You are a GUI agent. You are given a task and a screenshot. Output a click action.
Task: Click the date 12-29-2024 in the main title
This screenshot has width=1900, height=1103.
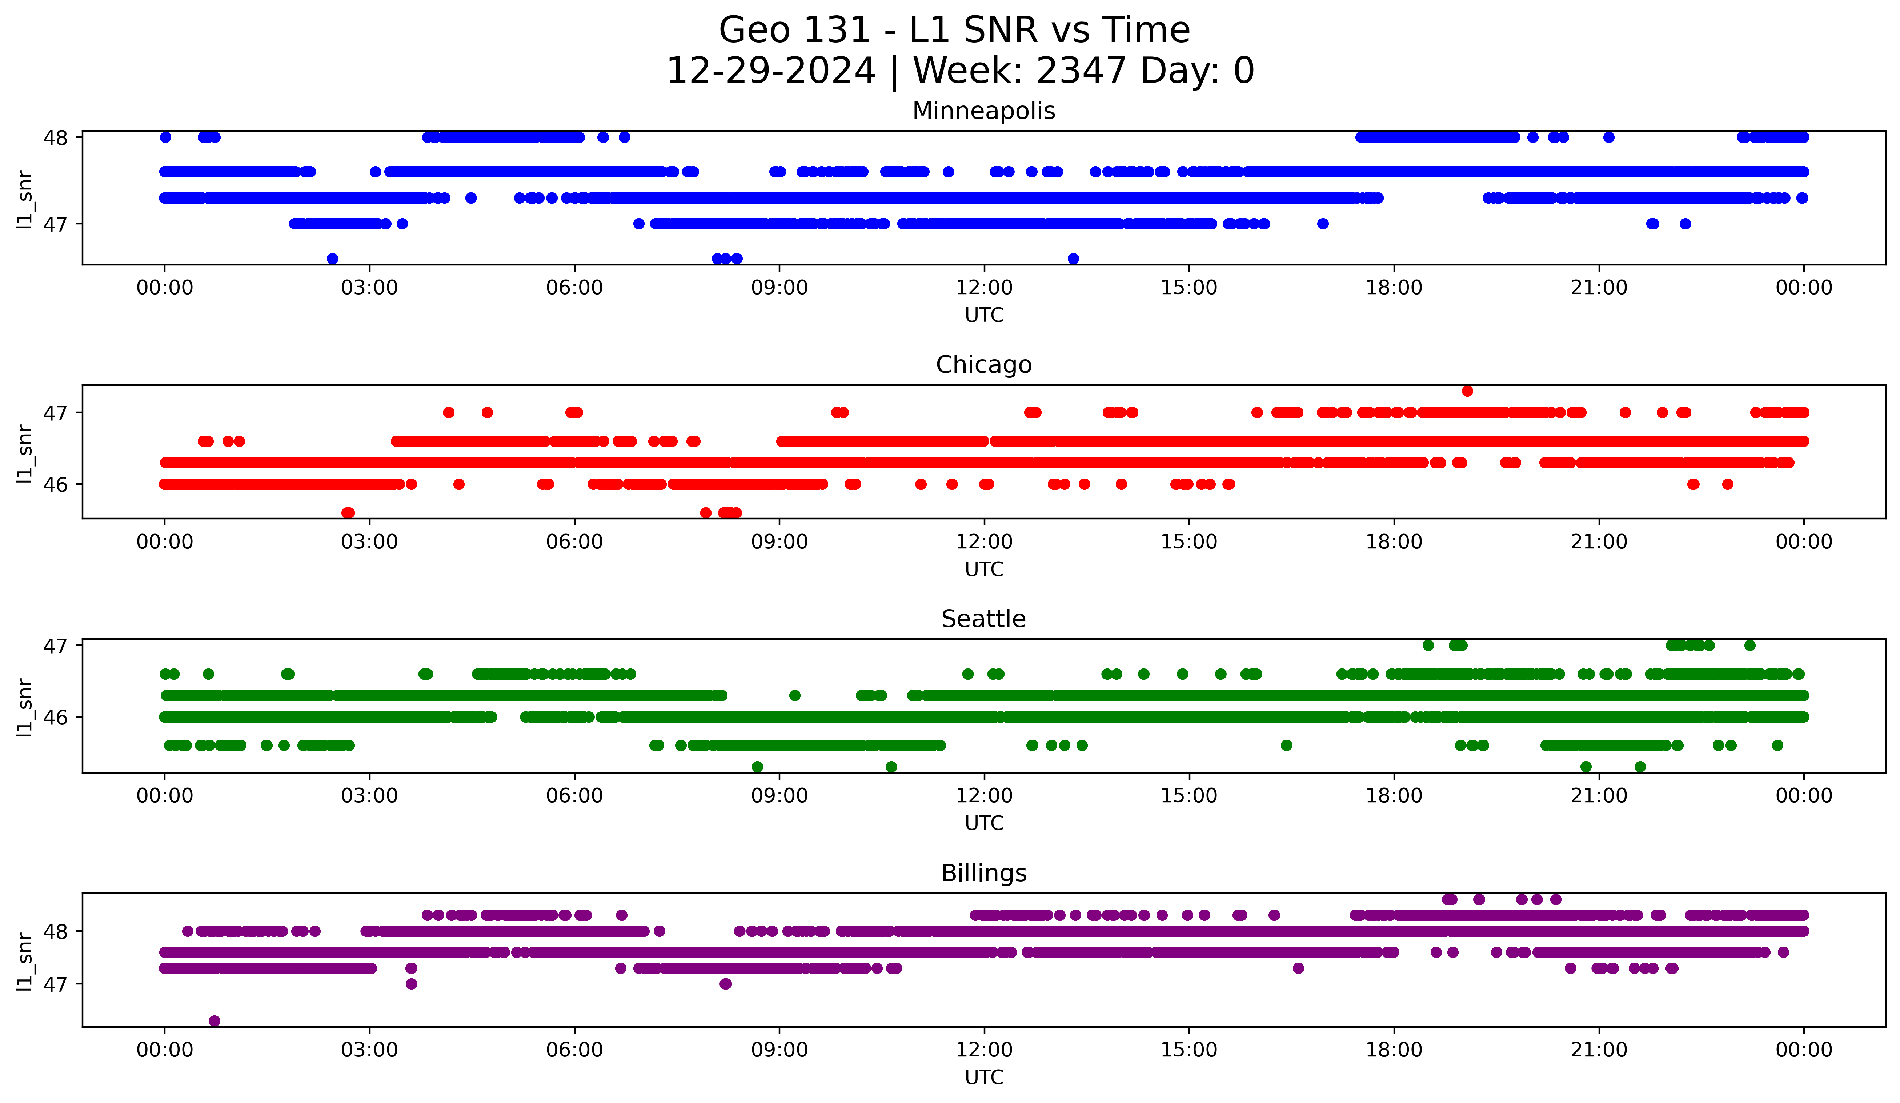click(770, 71)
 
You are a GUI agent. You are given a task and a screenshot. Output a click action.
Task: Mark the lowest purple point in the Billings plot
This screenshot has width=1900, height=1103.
click(214, 1021)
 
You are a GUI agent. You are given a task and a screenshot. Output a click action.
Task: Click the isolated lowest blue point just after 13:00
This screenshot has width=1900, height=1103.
click(1073, 259)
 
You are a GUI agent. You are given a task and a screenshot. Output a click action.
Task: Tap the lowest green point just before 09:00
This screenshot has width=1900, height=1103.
click(758, 767)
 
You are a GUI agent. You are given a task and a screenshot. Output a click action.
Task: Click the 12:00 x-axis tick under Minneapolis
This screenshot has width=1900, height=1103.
click(984, 288)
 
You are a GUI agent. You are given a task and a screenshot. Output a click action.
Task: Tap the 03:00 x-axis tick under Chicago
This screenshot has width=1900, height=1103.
click(369, 542)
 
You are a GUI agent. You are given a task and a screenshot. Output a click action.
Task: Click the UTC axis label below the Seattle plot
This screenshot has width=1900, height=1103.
click(984, 823)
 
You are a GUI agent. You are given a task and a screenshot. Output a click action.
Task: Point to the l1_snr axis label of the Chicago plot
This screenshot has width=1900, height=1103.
click(25, 452)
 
